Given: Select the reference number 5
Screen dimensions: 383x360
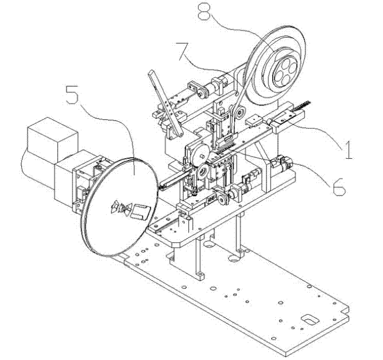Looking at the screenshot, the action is click(72, 94).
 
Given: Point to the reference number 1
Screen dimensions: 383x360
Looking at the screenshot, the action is click(349, 150).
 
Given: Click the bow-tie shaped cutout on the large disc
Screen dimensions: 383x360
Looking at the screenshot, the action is click(122, 208).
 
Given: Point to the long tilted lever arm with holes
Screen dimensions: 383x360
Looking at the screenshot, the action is click(166, 103).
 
